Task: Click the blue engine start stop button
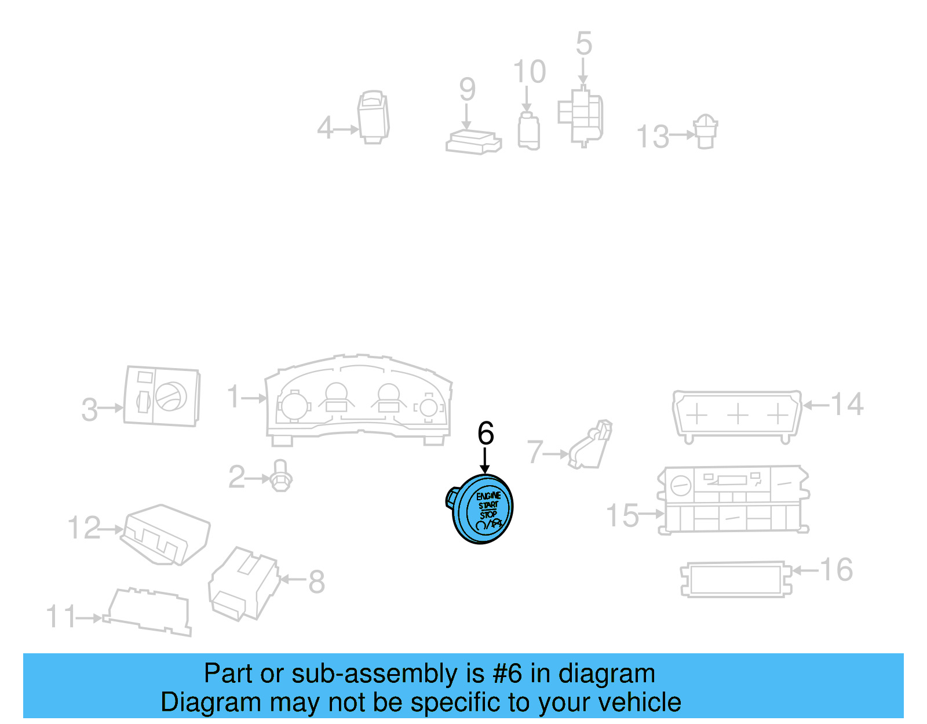click(482, 509)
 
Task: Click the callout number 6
click(486, 434)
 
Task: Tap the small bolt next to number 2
click(281, 476)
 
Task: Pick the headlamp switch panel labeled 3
click(162, 396)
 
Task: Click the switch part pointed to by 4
click(373, 117)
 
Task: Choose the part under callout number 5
click(581, 116)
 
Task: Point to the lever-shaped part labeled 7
click(592, 445)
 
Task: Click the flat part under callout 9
click(473, 142)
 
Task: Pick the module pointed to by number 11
click(148, 612)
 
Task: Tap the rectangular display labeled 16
click(735, 579)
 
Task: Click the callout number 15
click(622, 515)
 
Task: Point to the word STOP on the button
click(488, 515)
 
